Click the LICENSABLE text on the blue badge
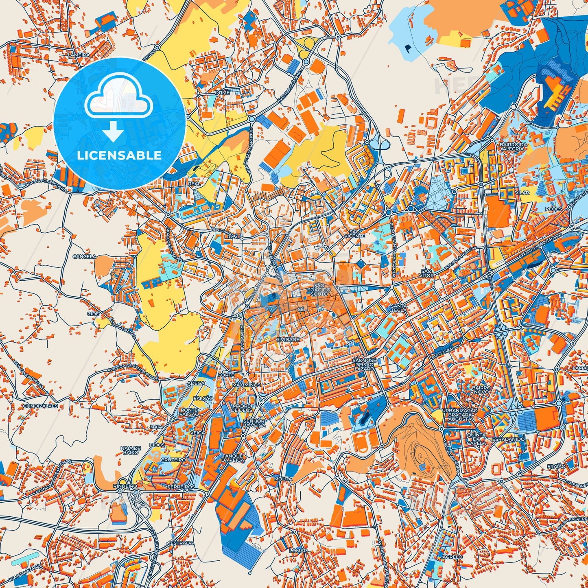point(120,155)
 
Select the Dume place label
point(223,92)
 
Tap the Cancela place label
point(84,257)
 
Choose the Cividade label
point(287,339)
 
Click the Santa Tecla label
point(399,308)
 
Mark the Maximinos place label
point(246,385)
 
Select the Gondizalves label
point(40,406)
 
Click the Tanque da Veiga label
point(233,458)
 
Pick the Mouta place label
point(283,479)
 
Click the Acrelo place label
point(452,557)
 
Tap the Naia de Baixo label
point(131,450)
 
